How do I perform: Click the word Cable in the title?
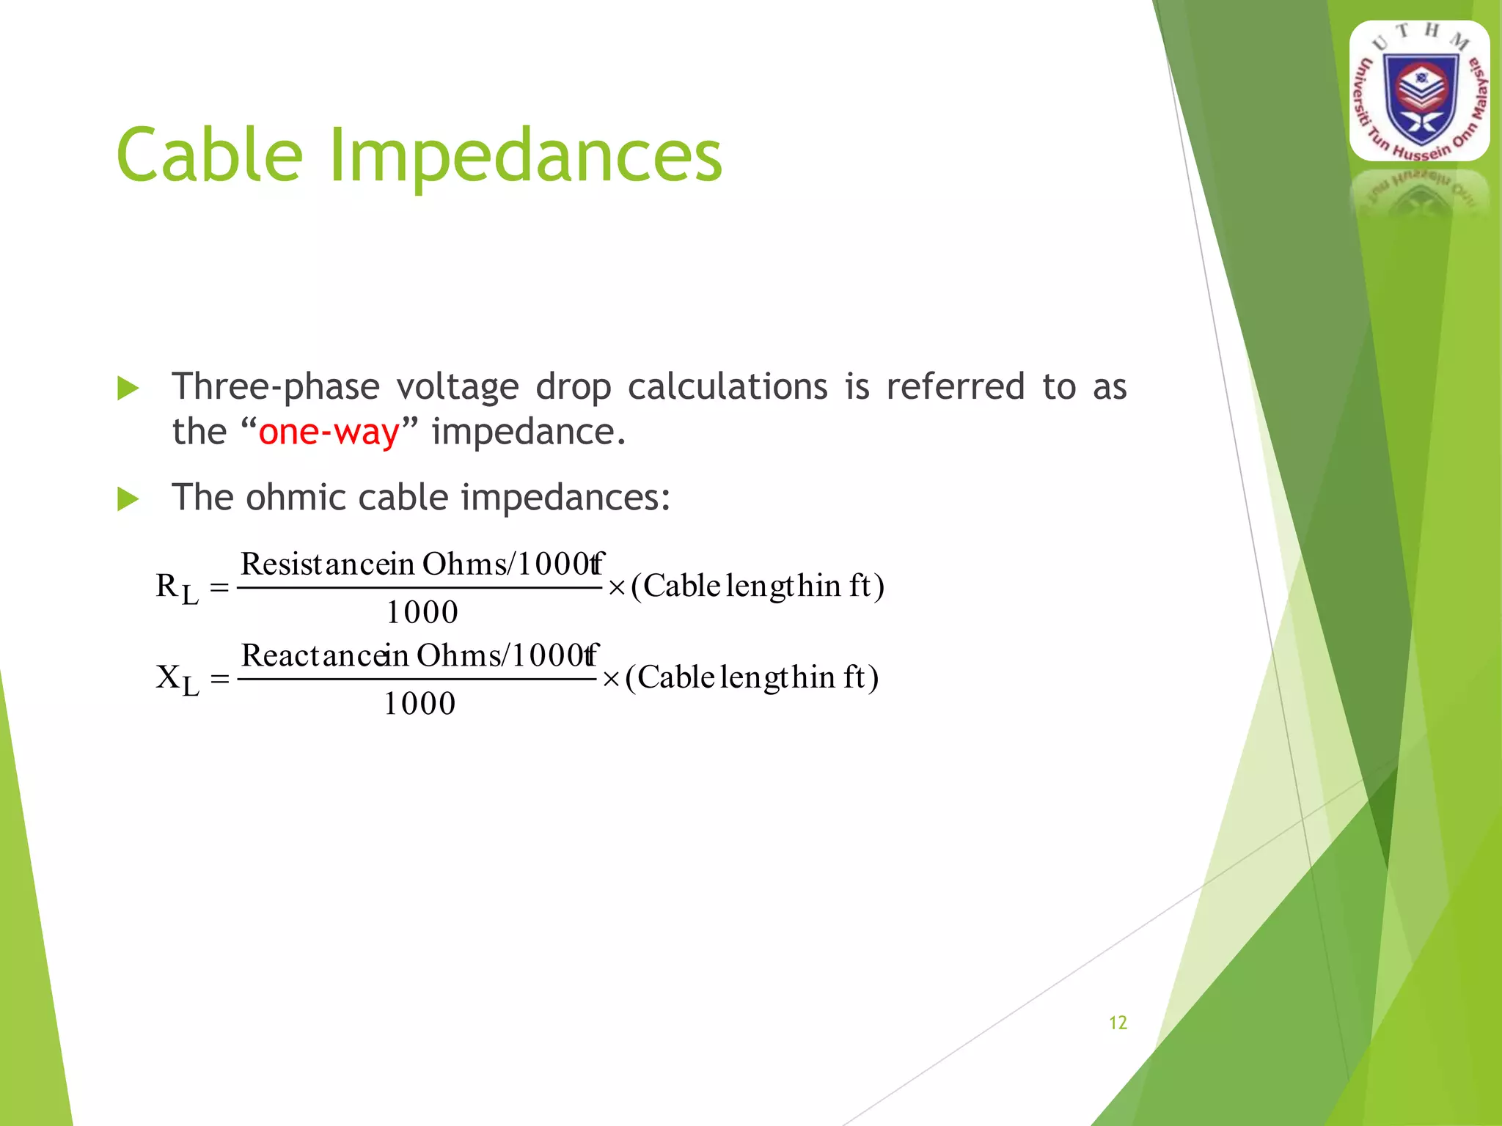click(210, 155)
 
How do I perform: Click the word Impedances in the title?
click(525, 155)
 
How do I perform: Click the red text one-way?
click(329, 431)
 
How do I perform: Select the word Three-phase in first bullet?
click(276, 387)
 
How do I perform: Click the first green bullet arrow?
click(128, 389)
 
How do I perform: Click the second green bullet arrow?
click(128, 499)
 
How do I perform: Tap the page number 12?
click(1117, 1023)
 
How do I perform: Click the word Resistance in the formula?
click(307, 564)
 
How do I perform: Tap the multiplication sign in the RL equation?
click(616, 588)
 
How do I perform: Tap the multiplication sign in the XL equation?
click(610, 680)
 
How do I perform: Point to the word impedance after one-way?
click(528, 431)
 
